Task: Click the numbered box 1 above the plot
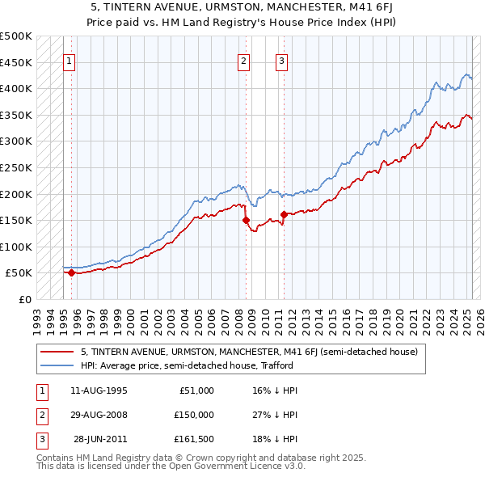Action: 69,60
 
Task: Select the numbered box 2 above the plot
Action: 243,60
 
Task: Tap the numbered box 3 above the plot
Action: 281,60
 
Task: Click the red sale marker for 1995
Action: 71,272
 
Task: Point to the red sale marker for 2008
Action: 246,220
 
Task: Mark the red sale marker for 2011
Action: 284,214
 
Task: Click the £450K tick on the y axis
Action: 16,62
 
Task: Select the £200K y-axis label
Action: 16,194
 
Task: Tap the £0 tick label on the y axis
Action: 24,299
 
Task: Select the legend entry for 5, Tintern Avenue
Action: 249,352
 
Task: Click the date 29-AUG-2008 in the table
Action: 99,415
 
